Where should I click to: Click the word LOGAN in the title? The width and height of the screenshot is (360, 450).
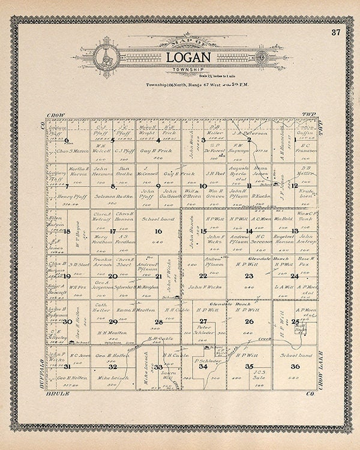(188, 58)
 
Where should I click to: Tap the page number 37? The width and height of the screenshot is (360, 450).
(335, 32)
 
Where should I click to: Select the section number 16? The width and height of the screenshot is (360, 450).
(158, 231)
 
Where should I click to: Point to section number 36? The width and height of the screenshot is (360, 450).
(294, 366)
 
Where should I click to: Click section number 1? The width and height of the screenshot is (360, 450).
(294, 140)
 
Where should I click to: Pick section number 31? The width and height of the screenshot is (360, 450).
(67, 366)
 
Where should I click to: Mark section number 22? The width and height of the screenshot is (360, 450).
(203, 275)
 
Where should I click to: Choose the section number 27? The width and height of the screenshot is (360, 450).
(203, 321)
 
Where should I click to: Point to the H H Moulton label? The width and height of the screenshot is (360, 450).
(112, 332)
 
